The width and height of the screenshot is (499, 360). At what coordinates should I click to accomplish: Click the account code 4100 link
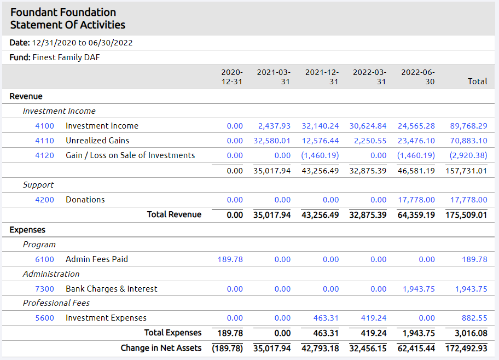[x=44, y=126]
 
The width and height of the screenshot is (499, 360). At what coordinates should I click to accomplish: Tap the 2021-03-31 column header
[x=274, y=77]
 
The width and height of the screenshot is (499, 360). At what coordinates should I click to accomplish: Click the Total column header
[x=477, y=81]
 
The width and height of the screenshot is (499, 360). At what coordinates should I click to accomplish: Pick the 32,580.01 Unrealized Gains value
[x=272, y=141]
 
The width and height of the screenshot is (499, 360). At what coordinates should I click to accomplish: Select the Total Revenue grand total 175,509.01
[x=466, y=214]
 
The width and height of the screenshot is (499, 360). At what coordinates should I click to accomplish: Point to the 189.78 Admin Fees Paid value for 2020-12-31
[x=230, y=259]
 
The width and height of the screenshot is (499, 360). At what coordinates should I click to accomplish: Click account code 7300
[x=44, y=289]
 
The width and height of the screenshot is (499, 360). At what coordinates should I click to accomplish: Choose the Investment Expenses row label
[x=106, y=318]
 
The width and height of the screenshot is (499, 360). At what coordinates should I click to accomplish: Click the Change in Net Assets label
[x=161, y=348]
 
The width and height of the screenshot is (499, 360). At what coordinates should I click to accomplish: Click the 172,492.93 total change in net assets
[x=466, y=348]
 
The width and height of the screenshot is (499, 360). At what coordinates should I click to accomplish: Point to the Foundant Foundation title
[x=63, y=12]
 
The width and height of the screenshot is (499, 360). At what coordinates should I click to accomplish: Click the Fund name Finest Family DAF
[x=66, y=57]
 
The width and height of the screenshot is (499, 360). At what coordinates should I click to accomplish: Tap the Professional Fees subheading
[x=56, y=303]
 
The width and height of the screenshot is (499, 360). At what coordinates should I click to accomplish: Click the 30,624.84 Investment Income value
[x=368, y=126]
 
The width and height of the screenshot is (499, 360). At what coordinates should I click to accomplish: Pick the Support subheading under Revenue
[x=38, y=185]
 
